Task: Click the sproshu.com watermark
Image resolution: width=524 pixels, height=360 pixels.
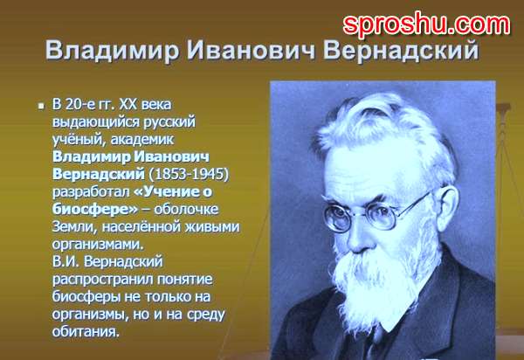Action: point(426,24)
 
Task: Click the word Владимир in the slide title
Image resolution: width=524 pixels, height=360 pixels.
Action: point(112,51)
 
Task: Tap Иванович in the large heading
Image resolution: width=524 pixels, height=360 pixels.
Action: point(251,50)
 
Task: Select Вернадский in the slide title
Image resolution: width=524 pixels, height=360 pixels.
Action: point(401,51)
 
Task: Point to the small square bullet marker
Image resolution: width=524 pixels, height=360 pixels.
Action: point(41,107)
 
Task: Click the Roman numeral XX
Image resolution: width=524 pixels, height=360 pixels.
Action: point(128,104)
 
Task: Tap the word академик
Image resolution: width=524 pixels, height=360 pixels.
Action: point(142,140)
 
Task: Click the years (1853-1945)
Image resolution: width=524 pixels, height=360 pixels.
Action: point(189,174)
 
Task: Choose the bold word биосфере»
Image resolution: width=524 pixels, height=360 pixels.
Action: point(95,209)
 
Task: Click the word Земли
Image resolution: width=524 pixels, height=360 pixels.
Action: point(74,227)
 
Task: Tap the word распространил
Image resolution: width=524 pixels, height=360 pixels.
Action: point(102,280)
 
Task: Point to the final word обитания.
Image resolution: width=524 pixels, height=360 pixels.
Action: point(86,331)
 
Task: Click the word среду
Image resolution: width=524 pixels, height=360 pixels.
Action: point(205,315)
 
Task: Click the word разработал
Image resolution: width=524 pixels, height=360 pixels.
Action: point(91,192)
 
